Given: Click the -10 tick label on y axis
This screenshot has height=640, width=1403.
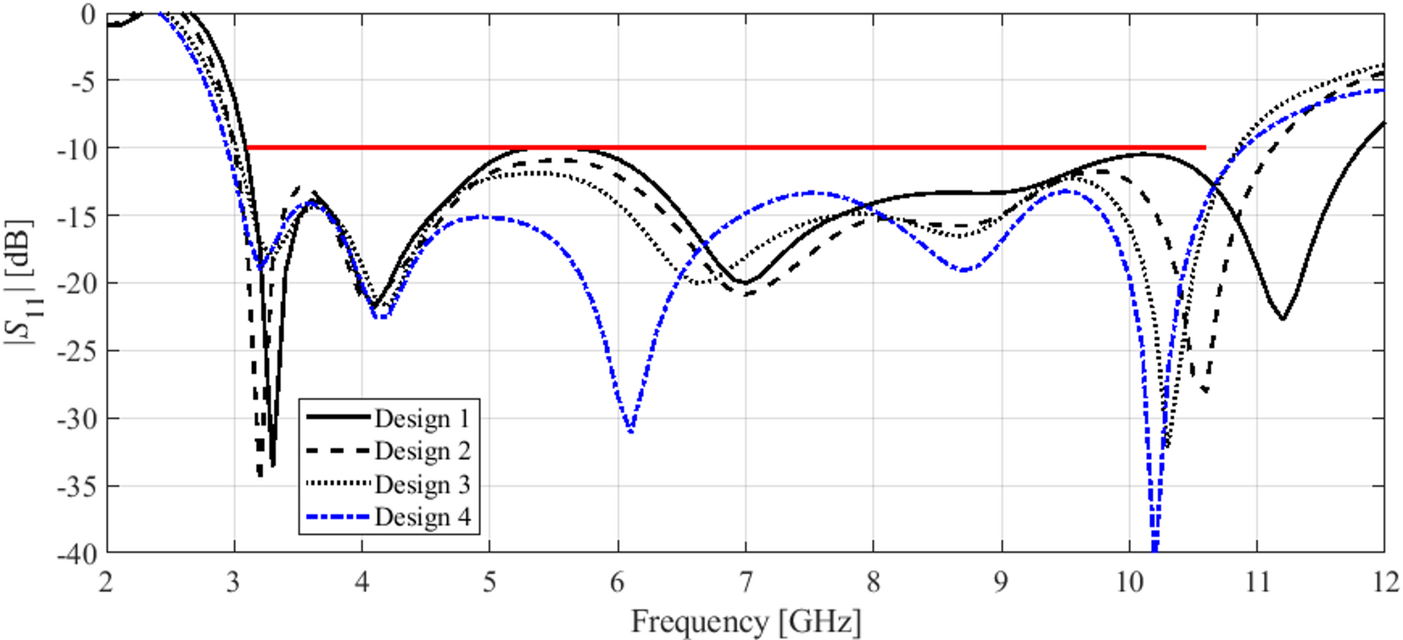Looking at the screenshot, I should (x=76, y=147).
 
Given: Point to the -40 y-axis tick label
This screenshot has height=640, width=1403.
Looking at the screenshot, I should (x=76, y=553).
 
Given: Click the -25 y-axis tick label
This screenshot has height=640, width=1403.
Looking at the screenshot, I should (x=76, y=350).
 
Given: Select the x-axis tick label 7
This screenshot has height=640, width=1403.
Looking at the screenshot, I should (x=746, y=582).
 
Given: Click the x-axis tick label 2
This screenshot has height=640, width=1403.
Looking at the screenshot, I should (x=106, y=582).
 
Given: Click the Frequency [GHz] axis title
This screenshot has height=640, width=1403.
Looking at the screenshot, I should (x=746, y=621).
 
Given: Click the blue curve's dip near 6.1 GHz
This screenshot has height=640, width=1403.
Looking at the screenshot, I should (x=630, y=431).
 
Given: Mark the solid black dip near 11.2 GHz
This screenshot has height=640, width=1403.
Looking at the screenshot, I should (x=1283, y=318).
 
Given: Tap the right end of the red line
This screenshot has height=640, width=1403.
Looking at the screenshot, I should (x=1205, y=147).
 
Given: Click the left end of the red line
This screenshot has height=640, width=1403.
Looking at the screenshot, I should (x=247, y=147).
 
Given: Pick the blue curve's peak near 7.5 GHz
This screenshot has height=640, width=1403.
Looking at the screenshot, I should (x=812, y=192).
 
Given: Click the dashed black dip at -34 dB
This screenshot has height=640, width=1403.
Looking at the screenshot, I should (x=260, y=475).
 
